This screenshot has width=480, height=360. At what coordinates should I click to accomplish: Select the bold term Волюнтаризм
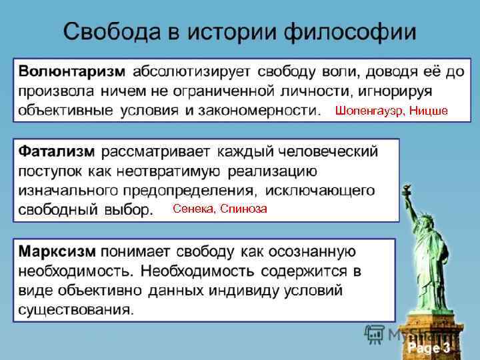pyautogui.click(x=71, y=70)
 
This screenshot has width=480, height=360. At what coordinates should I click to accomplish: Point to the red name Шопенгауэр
pyautogui.click(x=369, y=110)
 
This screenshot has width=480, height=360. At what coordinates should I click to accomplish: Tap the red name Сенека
pyautogui.click(x=193, y=209)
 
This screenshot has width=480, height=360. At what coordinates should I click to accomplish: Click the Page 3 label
pyautogui.click(x=429, y=348)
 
